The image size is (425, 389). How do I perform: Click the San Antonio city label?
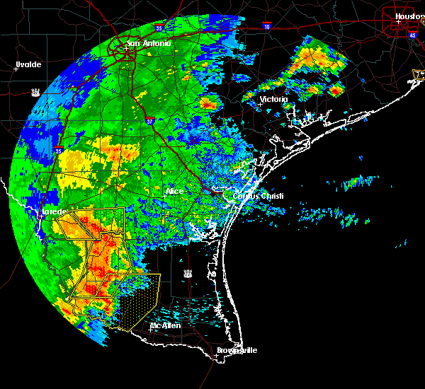coord(149,44)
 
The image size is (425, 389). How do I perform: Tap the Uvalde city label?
coord(28,64)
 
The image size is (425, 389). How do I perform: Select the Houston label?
coord(409,16)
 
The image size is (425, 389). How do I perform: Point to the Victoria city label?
coord(274,99)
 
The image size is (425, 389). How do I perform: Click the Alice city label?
coord(174,191)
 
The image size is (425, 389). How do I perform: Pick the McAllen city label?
coord(165,325)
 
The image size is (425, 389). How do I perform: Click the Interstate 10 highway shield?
coord(266,25)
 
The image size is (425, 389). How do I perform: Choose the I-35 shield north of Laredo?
coord(58,150)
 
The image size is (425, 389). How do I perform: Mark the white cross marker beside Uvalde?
coord(16,69)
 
